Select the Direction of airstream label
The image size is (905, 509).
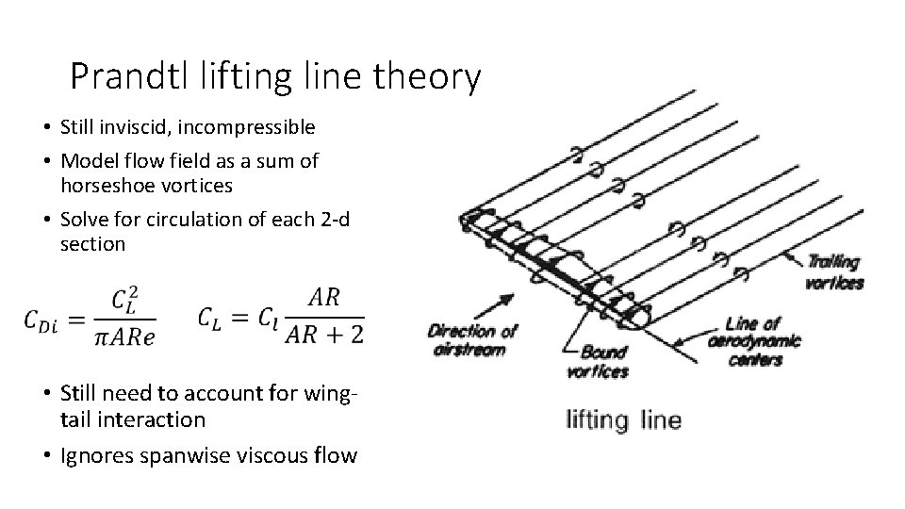point(472,339)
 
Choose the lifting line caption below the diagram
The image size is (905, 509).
point(622,419)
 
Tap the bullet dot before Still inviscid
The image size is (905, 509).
point(45,127)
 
